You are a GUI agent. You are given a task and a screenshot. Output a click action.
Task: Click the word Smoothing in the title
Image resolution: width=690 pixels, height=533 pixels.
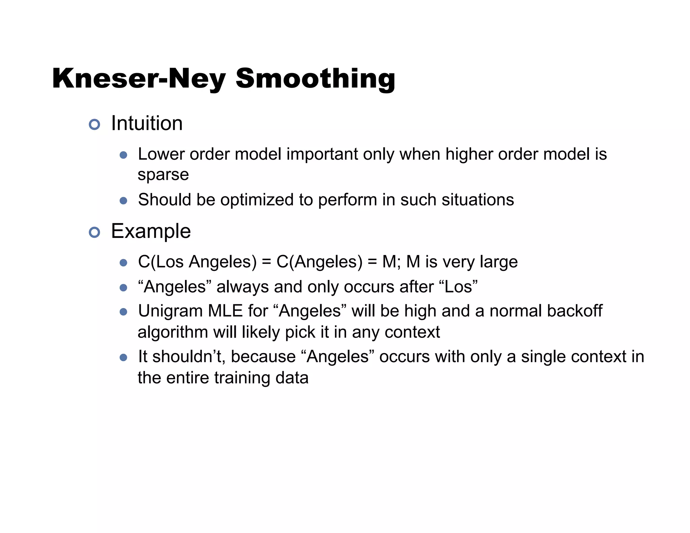315,79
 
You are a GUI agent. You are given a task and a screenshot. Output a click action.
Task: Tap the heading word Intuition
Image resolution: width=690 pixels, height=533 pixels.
147,123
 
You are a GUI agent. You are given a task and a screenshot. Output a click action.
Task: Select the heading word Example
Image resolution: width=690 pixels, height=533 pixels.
151,231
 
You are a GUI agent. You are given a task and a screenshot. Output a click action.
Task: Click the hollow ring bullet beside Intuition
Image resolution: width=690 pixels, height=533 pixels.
94,124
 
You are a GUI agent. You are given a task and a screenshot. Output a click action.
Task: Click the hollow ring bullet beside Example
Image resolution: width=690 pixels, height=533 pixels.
94,232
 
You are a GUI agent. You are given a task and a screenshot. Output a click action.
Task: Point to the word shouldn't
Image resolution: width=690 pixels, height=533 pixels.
189,356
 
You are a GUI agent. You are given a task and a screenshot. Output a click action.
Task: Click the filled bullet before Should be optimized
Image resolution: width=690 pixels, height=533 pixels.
123,201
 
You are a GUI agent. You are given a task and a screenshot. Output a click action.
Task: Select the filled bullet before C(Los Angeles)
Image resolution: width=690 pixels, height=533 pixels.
123,263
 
